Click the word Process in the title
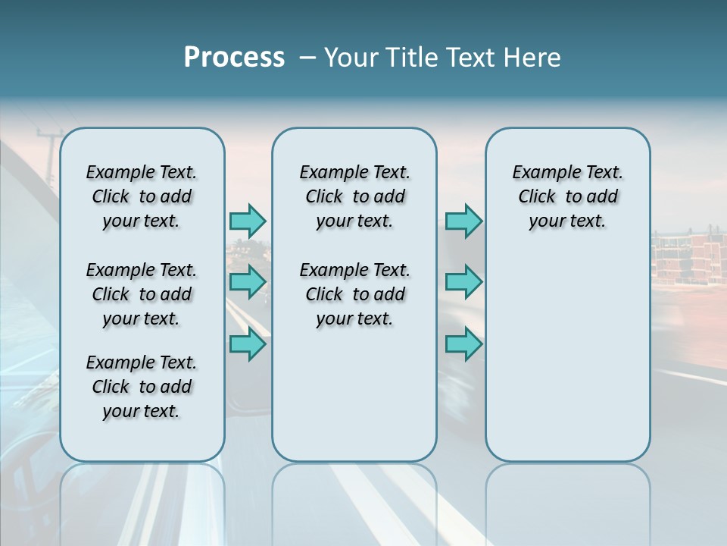[234, 58]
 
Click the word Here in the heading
[532, 58]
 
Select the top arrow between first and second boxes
[248, 221]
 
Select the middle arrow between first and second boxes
[248, 282]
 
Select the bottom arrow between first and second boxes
[248, 344]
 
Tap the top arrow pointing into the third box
[463, 221]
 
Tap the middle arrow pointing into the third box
[463, 282]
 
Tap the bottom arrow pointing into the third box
[463, 344]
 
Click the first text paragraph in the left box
[142, 196]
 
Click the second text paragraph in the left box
[142, 294]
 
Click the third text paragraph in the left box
[142, 387]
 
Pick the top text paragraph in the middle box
[354, 196]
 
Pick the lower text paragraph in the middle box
[354, 294]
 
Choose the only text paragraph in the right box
[567, 196]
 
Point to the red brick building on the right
[685, 262]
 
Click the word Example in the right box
[539, 172]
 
